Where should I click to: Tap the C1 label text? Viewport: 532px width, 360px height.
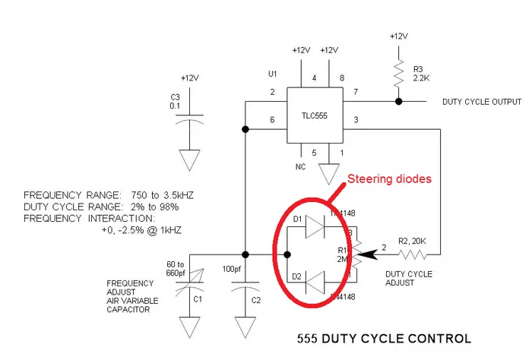click(198, 298)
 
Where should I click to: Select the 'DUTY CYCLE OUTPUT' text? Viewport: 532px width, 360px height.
click(482, 102)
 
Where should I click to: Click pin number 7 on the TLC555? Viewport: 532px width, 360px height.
click(355, 92)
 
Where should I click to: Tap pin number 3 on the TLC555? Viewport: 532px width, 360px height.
click(355, 120)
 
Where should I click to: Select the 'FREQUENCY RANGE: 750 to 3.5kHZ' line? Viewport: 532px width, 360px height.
click(109, 195)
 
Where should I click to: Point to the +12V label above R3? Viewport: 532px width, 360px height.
click(397, 36)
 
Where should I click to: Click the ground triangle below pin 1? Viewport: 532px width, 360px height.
click(328, 173)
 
